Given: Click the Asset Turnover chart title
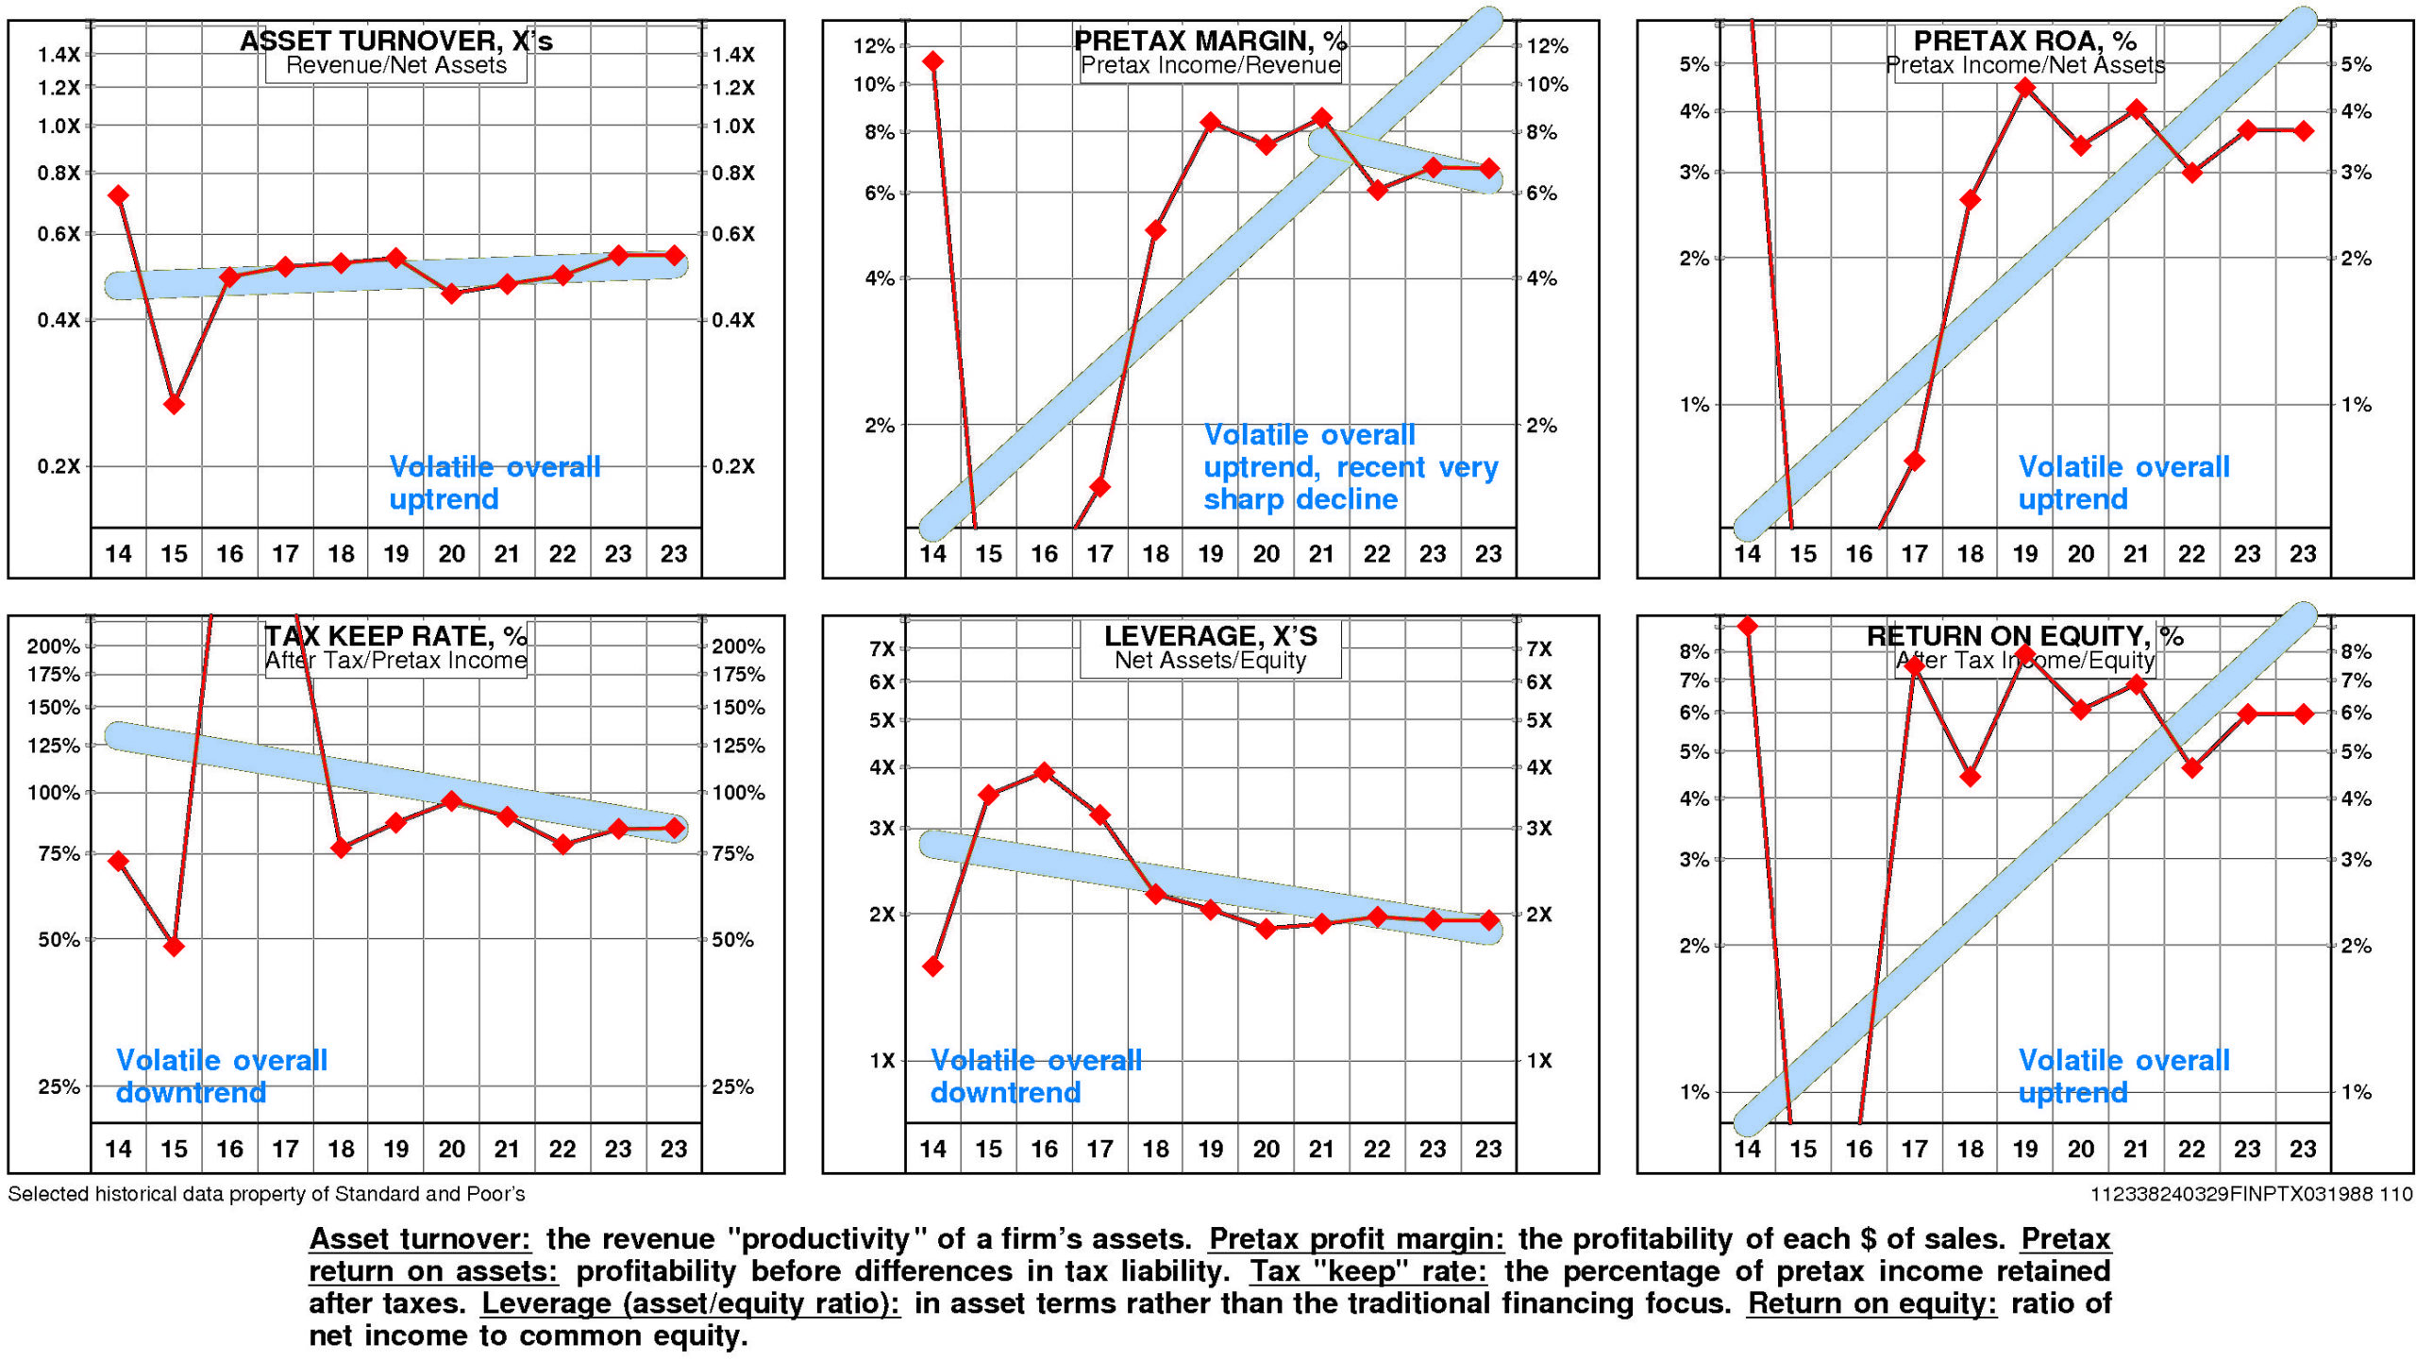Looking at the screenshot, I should (x=395, y=41).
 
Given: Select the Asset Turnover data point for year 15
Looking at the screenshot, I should (x=174, y=404).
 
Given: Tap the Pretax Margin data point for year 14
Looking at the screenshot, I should (x=933, y=62).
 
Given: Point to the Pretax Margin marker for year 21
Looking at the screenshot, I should (x=1322, y=118).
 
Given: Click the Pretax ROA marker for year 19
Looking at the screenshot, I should (x=2025, y=88).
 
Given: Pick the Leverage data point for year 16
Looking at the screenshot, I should (x=1044, y=772).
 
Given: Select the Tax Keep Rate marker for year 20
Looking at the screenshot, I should (x=452, y=801).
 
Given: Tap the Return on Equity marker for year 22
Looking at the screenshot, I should (x=2192, y=768).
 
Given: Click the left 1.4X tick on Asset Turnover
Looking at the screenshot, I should (x=59, y=55).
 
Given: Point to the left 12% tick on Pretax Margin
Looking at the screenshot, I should (x=873, y=46).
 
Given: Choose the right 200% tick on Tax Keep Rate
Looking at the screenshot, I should (x=738, y=647).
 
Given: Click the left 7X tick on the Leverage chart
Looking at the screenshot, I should (x=881, y=649).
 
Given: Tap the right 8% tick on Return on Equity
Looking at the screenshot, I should (x=2357, y=651).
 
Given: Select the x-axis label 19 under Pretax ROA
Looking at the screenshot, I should (x=2025, y=554).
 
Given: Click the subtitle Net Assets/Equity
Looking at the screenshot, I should (x=1210, y=661).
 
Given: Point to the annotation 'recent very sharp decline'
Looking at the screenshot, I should (x=1350, y=483).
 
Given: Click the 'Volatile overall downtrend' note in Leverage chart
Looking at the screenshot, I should (x=1035, y=1076).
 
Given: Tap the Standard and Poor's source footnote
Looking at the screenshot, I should (x=266, y=1194).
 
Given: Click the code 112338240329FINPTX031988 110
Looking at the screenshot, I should (x=2251, y=1194).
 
